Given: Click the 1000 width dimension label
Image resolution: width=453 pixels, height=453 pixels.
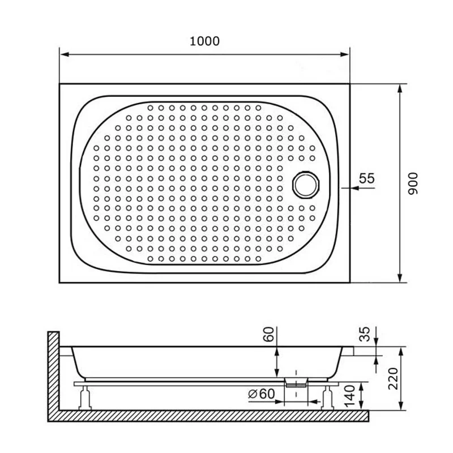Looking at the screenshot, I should pos(204,41).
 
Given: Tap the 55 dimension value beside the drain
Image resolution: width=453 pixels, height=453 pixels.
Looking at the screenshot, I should pos(367,178).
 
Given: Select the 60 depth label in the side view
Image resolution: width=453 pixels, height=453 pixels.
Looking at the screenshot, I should pos(270,335).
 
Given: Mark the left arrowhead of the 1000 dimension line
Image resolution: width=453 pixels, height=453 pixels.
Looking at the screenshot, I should pos(64,55).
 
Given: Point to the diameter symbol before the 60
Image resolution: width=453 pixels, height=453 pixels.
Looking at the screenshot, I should pos(251,393).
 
